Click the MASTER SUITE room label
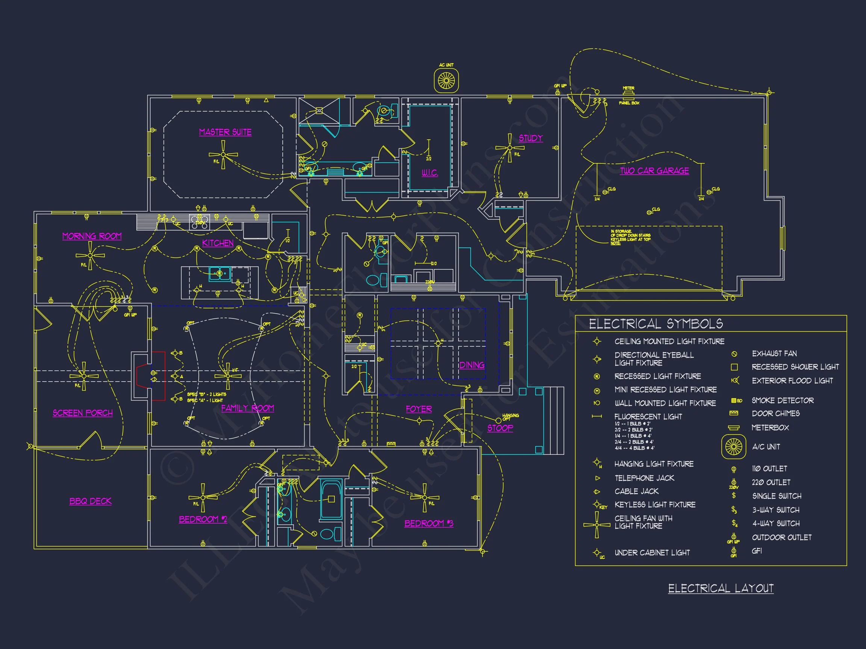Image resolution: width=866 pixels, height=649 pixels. (225, 132)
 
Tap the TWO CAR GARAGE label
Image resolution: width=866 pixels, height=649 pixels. (654, 171)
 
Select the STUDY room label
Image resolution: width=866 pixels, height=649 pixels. (530, 138)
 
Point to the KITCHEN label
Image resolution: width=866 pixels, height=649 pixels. (218, 243)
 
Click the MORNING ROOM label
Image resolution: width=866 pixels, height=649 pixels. (92, 236)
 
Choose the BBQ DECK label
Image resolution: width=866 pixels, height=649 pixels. (91, 501)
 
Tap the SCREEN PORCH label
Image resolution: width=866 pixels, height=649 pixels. (83, 413)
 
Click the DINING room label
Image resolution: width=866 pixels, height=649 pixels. (472, 365)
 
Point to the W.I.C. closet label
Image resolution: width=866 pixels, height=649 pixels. (430, 173)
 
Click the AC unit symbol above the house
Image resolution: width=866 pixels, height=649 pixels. (446, 81)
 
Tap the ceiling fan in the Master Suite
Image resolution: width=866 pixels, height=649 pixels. (223, 155)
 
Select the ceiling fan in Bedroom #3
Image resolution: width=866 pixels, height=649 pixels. (424, 498)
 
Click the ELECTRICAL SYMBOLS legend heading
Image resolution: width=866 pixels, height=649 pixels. (656, 324)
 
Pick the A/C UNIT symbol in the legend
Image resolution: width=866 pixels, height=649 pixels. (733, 447)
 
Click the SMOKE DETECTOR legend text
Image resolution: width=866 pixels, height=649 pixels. (782, 401)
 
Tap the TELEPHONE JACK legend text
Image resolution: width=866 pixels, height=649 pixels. (644, 478)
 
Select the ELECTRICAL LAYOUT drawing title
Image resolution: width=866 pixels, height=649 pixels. (721, 589)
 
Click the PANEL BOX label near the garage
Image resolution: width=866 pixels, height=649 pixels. (629, 103)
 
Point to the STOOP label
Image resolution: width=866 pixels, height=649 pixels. (500, 428)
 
